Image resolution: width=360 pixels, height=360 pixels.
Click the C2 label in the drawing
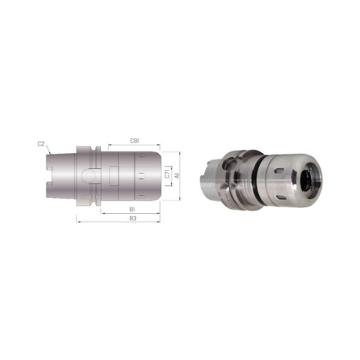tap(41, 144)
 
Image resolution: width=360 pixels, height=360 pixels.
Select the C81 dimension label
tap(135, 140)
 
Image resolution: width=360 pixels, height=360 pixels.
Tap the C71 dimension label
tap(167, 174)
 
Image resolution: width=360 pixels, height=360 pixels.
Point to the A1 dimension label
tap(177, 175)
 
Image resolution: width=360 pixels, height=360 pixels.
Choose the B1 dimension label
tap(132, 209)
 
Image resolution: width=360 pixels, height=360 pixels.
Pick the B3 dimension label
tap(133, 218)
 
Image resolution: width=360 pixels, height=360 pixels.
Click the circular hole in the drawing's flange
tap(88, 176)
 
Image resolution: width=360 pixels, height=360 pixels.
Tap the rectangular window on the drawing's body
tap(114, 176)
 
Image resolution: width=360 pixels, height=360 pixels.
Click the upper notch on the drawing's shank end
tap(49, 168)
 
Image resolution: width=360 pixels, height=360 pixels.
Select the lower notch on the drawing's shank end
tap(49, 184)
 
